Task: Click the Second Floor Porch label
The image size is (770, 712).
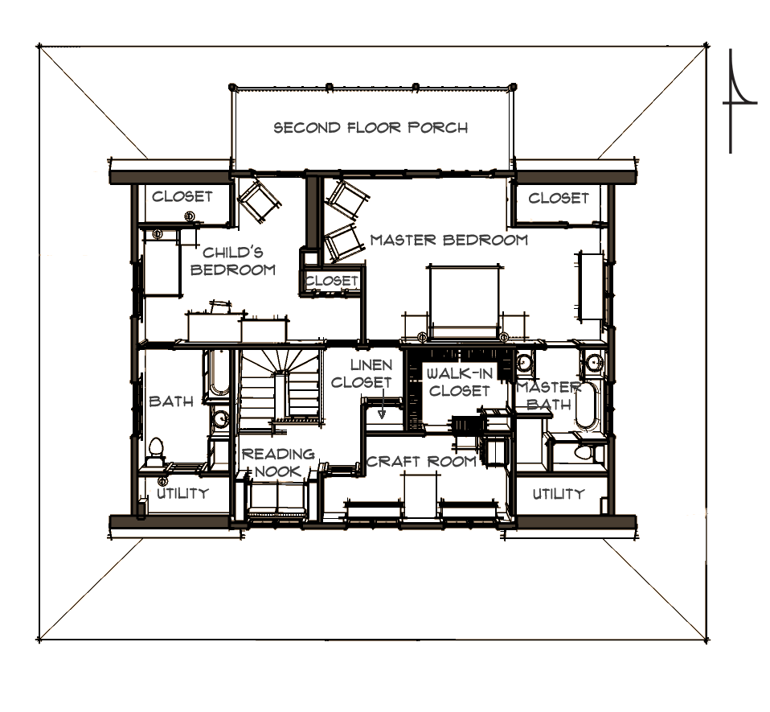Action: (x=371, y=128)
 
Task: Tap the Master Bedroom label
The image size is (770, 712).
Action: (x=448, y=240)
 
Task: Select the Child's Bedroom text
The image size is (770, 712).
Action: (x=233, y=261)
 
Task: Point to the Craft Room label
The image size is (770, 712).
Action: (x=421, y=462)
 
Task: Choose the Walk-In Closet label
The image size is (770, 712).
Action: (x=459, y=382)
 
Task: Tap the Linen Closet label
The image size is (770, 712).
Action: (x=362, y=373)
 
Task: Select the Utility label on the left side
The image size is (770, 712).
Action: (x=182, y=493)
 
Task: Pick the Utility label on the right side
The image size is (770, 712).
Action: (x=559, y=493)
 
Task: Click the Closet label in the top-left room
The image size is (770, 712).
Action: (x=182, y=196)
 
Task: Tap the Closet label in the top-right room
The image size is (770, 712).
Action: (x=559, y=198)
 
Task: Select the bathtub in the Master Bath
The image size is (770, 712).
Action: (x=585, y=405)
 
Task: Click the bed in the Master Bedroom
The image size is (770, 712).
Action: (x=464, y=302)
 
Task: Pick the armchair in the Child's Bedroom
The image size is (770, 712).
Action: (x=258, y=200)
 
